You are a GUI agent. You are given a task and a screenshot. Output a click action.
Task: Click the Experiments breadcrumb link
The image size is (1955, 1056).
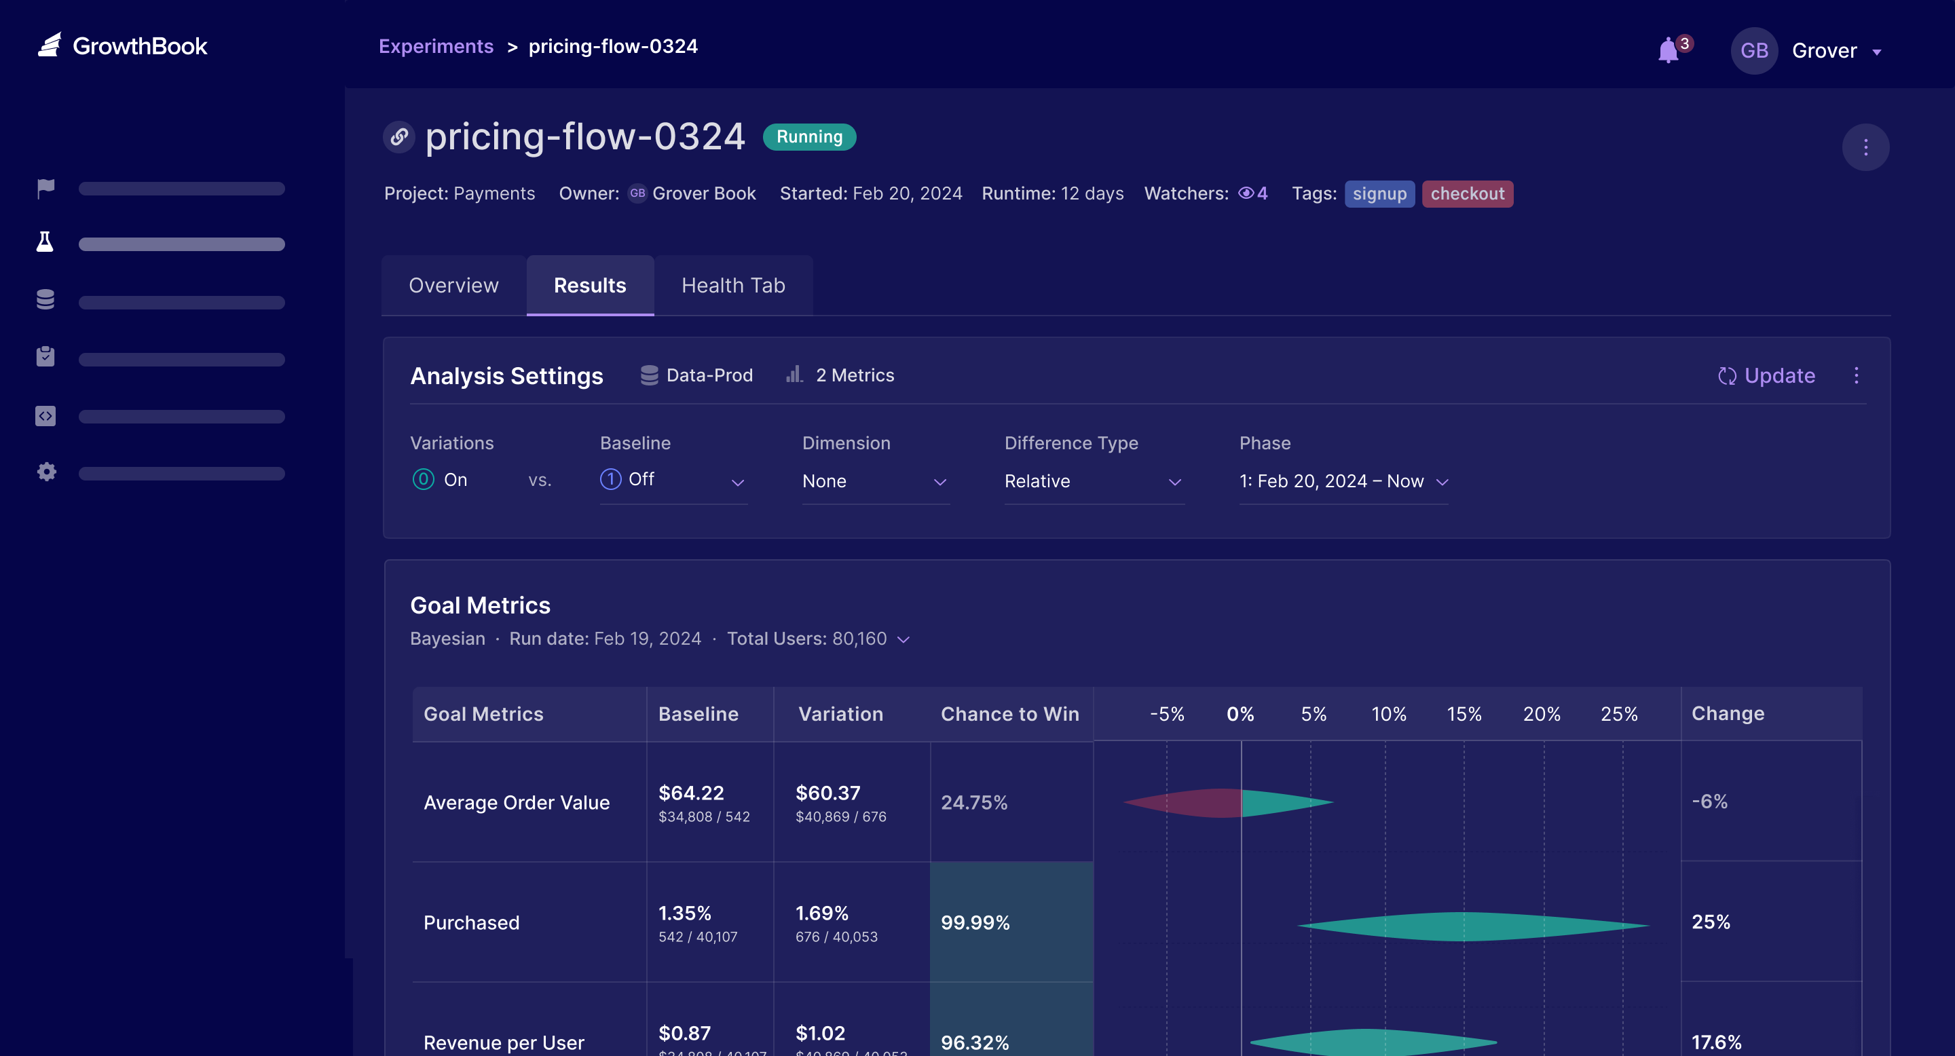[436, 46]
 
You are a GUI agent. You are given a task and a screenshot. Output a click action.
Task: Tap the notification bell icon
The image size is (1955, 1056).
[1667, 51]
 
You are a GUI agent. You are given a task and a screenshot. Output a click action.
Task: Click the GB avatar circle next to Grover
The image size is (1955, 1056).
[1753, 51]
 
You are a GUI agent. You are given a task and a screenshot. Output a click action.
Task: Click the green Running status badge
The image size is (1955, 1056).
[809, 136]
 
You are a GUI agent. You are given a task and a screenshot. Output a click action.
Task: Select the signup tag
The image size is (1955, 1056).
[1379, 193]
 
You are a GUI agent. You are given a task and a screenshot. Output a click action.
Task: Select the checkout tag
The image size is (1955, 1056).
[1467, 193]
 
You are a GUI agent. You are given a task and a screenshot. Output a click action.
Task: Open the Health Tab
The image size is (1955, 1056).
[733, 285]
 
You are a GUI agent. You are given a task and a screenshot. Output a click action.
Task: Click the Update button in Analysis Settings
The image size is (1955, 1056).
[1767, 375]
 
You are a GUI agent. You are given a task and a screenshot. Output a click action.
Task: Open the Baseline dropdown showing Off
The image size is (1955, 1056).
[673, 481]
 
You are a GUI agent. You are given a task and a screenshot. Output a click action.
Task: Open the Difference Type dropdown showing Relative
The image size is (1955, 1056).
[1093, 482]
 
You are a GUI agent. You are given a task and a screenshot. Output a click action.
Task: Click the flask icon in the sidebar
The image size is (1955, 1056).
[45, 243]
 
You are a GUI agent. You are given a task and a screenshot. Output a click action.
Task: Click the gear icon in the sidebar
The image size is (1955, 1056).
[46, 472]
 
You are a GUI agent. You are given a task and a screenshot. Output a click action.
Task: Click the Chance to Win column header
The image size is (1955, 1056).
[1009, 714]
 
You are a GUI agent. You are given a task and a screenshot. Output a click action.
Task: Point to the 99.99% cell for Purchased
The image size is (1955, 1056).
[976, 922]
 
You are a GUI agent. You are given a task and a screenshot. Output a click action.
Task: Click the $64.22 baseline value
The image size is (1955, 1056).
[690, 793]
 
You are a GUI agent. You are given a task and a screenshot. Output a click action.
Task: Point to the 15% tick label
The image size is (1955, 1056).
[1464, 714]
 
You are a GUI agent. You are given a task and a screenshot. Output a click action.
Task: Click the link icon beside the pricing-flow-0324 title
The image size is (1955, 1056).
[399, 137]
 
